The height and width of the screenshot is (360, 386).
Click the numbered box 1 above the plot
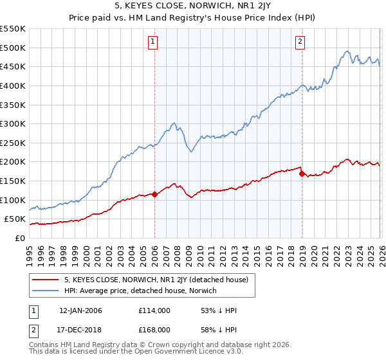(x=154, y=42)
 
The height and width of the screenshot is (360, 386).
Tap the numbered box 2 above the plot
(x=300, y=42)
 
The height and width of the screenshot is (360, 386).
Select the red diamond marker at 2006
(x=154, y=195)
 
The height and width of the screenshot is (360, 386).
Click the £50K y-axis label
(x=15, y=219)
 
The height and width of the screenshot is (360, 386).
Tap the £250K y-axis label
(x=13, y=143)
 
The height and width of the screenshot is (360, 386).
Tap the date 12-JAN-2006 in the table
(x=80, y=310)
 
